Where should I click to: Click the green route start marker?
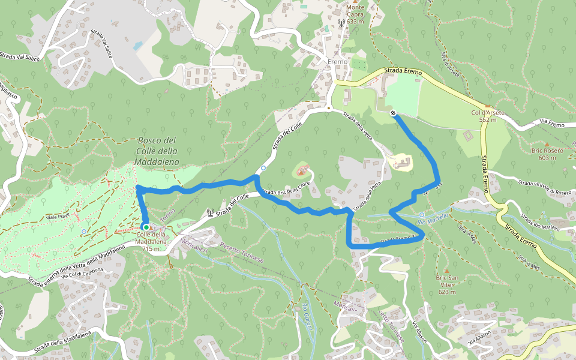point(146,227)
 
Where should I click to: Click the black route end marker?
point(393,113)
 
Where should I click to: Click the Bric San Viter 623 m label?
point(447,284)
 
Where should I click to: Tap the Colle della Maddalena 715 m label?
point(148,241)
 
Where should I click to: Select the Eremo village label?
point(338,62)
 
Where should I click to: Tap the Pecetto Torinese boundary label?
point(242,253)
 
